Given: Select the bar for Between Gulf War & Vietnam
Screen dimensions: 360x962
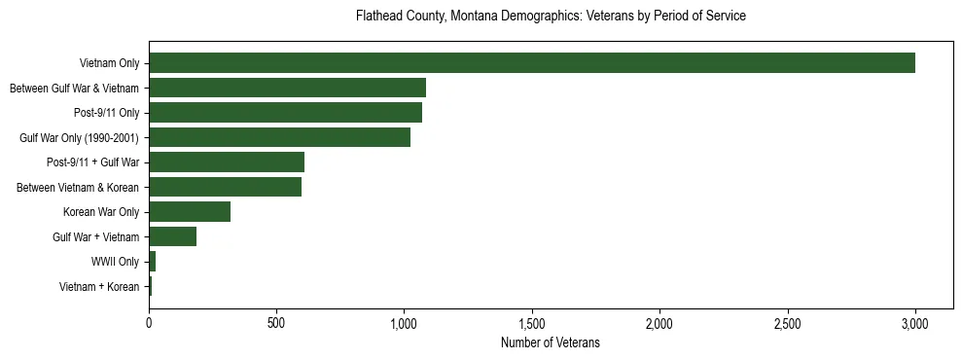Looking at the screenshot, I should point(287,89).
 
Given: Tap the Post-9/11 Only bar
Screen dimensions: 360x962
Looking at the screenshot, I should point(285,113).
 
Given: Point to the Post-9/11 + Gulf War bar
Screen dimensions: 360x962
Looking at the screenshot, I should point(227,162).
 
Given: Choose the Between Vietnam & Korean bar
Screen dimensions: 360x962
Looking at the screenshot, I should point(225,187).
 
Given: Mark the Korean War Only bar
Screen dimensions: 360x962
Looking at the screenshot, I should point(190,212).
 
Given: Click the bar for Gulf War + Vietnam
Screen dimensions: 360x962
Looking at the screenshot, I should point(172,236).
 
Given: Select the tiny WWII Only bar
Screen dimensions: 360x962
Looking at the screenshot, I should point(152,262).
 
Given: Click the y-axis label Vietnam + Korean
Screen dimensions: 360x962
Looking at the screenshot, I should point(99,286).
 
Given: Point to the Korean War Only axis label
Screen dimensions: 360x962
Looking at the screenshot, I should point(101,212).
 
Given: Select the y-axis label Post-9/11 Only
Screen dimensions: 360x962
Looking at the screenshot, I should point(106,113).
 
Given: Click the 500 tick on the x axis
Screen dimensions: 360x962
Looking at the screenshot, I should point(276,323).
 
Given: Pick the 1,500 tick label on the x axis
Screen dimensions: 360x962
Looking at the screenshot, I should point(532,323).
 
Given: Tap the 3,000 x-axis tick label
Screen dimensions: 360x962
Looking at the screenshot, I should point(915,323).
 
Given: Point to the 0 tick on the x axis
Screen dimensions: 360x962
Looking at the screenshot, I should point(149,323).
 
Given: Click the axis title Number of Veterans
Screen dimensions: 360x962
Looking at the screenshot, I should point(551,342).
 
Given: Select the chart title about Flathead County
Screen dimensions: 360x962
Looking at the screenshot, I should point(551,17).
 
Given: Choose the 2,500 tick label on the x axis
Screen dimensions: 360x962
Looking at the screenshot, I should point(788,323).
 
